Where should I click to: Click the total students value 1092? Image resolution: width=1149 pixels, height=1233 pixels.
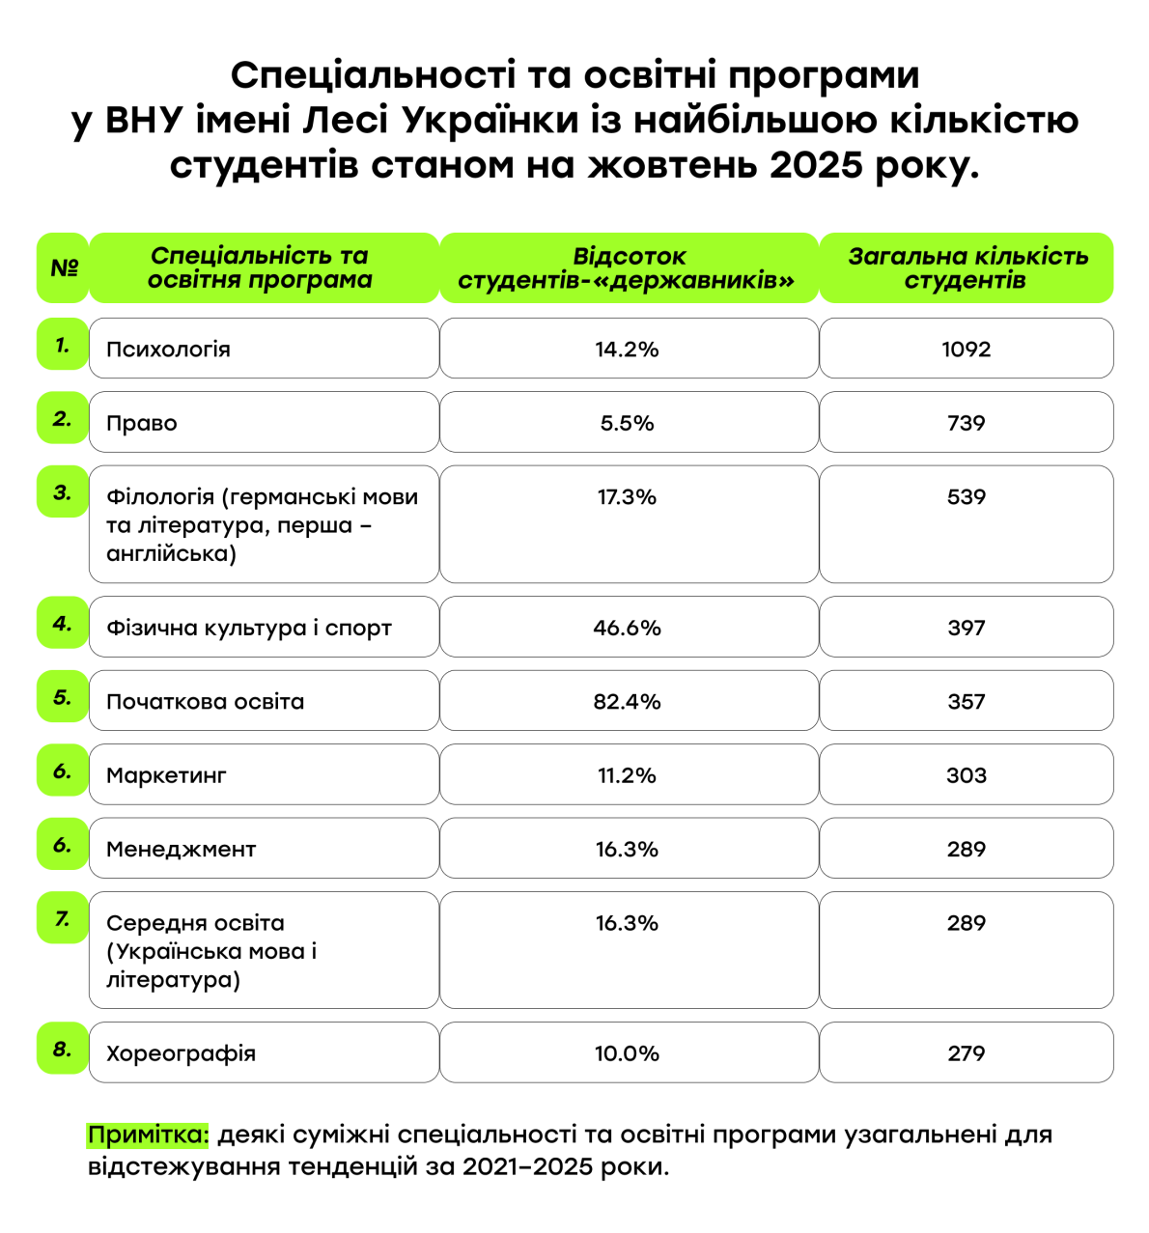point(966,349)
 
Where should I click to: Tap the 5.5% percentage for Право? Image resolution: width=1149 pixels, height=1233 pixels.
point(628,423)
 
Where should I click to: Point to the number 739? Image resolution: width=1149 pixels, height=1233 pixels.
point(966,423)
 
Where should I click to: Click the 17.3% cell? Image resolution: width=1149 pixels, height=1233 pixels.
point(628,497)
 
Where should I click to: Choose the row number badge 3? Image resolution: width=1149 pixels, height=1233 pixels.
point(63,492)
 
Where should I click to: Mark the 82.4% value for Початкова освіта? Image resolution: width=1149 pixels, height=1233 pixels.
point(628,702)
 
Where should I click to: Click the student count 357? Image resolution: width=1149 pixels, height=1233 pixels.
point(966,702)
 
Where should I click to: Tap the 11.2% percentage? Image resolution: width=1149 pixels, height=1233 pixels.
point(628,775)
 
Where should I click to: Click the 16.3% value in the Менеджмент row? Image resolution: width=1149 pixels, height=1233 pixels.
point(628,850)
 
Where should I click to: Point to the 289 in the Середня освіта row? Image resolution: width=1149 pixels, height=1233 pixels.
point(966,923)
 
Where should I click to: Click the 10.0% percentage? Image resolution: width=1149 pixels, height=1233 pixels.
point(628,1053)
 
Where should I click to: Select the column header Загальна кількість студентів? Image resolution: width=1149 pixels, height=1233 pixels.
point(966,268)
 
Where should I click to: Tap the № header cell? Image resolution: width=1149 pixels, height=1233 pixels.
point(63,268)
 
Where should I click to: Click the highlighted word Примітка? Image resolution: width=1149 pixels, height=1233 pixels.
point(148,1135)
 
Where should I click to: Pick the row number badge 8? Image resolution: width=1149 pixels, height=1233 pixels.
point(63,1049)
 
